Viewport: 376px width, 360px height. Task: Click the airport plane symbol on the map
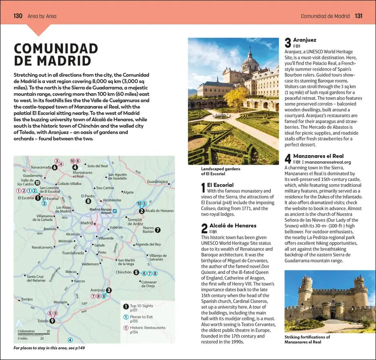[115, 211]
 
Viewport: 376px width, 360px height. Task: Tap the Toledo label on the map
[42, 321]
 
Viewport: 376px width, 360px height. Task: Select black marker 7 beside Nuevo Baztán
[157, 230]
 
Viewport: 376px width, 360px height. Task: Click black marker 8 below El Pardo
[88, 201]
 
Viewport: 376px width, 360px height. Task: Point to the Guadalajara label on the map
[157, 181]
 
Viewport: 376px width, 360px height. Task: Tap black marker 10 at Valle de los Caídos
[37, 183]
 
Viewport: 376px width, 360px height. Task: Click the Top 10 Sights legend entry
[141, 306]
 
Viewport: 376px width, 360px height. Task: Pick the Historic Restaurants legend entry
[147, 328]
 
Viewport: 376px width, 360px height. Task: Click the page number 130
[18, 16]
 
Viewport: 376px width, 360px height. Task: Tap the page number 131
[358, 16]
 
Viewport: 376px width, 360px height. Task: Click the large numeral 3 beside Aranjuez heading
[288, 43]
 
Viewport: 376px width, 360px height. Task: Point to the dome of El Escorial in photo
[250, 59]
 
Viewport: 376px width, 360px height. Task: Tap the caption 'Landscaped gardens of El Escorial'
[221, 171]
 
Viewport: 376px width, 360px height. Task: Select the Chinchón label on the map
[123, 272]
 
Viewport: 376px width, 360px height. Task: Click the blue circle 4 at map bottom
[70, 340]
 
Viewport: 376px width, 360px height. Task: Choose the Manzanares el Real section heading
[318, 156]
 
